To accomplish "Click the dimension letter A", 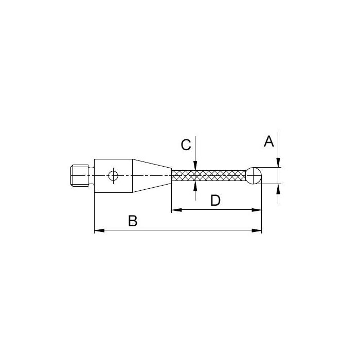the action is click(269, 141).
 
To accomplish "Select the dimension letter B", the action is click(133, 221).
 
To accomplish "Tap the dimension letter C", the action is click(186, 145).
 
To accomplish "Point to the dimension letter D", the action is click(215, 201).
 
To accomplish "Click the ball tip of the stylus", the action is click(254, 176).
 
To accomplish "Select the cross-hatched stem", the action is click(209, 176).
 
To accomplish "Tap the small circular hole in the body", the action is click(113, 176).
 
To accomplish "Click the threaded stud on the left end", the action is click(79, 176).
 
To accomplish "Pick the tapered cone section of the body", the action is click(152, 176).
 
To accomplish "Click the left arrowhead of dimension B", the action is click(99, 230).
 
